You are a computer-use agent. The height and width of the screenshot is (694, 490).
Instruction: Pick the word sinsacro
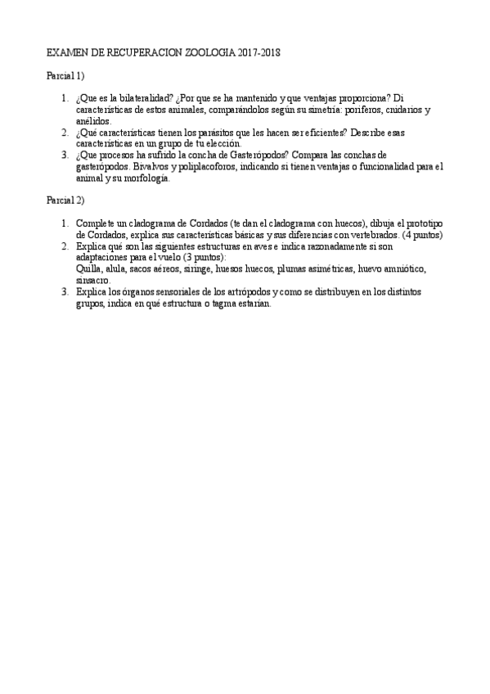[92, 280]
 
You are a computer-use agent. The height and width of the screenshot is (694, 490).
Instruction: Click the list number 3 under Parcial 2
[64, 291]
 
